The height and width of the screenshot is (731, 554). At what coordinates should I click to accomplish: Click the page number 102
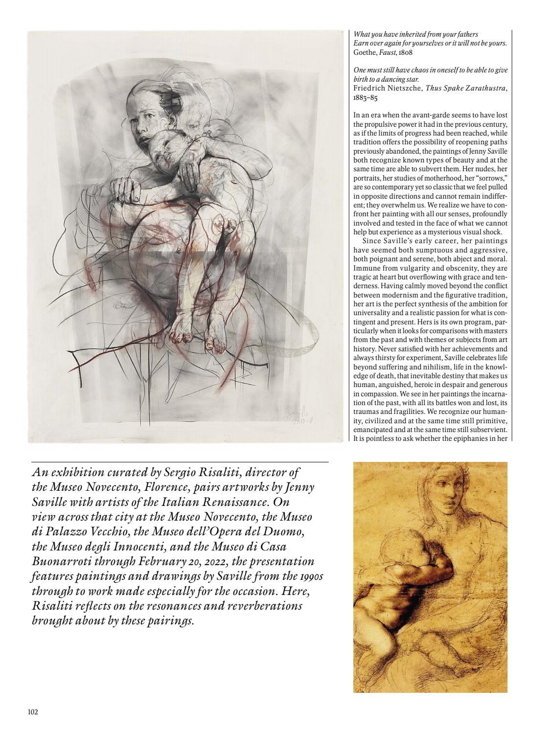33,712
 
